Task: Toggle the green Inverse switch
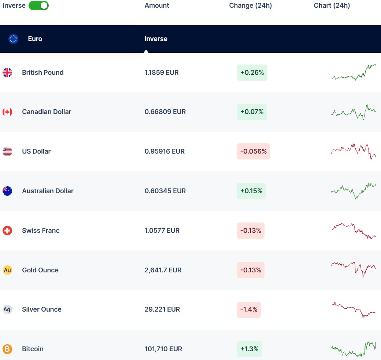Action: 38,5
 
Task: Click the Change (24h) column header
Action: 250,5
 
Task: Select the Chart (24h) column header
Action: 332,5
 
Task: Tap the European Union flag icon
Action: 13,39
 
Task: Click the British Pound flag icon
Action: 7,73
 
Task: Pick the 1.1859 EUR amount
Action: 162,73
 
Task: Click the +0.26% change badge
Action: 252,73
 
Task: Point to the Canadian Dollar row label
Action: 47,112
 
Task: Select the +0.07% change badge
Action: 252,112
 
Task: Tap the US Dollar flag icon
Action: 7,151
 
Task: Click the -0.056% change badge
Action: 253,151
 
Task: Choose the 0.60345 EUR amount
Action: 165,191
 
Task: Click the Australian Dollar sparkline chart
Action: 354,190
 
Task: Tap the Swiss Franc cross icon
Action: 7,231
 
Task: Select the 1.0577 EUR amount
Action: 162,231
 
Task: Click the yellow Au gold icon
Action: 7,270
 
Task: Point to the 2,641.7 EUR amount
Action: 163,270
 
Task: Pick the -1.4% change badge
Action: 249,309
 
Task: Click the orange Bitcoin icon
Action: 7,349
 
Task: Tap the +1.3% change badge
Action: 249,349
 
